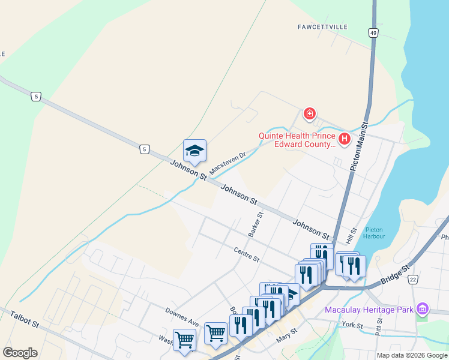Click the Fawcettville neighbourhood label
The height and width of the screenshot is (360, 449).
(324, 27)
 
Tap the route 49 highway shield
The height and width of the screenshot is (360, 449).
(374, 34)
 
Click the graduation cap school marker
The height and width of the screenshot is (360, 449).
(194, 151)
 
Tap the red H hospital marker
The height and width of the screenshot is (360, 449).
(345, 140)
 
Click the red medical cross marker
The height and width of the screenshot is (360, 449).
(310, 113)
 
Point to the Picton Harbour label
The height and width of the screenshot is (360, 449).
(374, 233)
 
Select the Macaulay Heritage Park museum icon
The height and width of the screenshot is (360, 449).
(423, 309)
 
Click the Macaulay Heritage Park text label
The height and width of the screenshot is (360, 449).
(369, 310)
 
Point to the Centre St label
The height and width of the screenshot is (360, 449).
(246, 255)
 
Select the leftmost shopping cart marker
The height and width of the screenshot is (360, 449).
(184, 339)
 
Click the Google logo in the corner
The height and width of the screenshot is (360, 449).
(20, 353)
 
